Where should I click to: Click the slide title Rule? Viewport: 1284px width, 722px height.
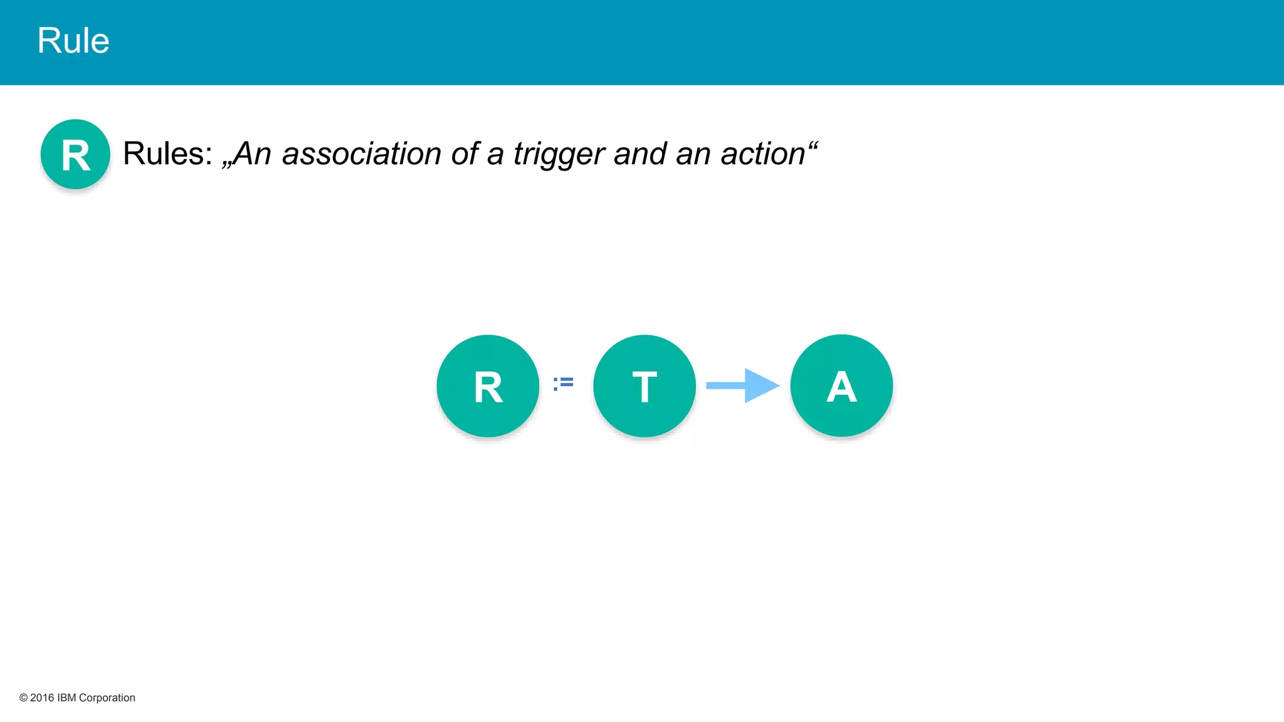point(73,41)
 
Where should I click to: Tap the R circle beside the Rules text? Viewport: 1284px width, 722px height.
point(75,154)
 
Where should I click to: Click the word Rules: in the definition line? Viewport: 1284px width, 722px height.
point(167,154)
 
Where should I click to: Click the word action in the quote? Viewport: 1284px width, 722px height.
point(762,154)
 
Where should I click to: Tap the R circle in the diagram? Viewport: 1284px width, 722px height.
point(488,386)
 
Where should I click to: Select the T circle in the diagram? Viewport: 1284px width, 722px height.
point(645,386)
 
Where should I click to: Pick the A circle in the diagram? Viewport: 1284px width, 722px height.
point(841,386)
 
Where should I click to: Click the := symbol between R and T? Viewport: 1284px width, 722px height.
point(563,383)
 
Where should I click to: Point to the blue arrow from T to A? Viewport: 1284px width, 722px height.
point(742,385)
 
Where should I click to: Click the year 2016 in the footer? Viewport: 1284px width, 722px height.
point(42,698)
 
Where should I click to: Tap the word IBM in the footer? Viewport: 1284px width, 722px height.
point(66,698)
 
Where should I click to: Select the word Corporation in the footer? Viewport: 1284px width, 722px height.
point(107,698)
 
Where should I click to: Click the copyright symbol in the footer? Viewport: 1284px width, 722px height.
point(23,698)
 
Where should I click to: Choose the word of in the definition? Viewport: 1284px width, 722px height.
point(465,154)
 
